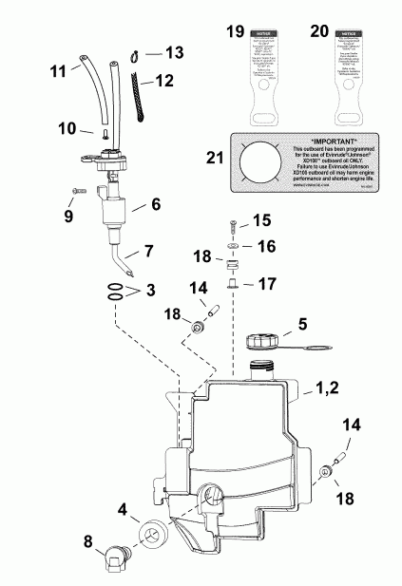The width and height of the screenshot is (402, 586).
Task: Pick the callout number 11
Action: click(57, 69)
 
